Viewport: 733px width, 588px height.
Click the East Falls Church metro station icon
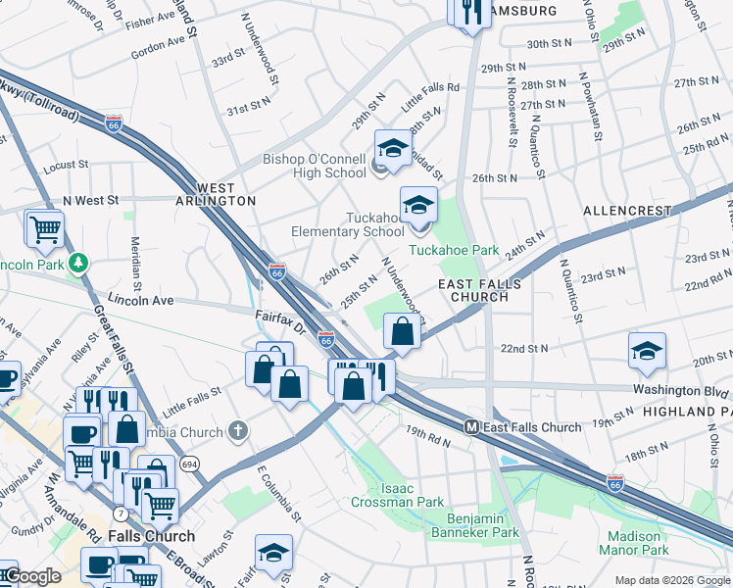(471, 427)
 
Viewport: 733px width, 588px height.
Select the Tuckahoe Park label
(454, 250)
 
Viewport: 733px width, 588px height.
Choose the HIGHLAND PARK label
(686, 412)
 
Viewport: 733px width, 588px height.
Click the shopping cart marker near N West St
(44, 229)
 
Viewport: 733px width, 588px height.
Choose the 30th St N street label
(550, 44)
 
